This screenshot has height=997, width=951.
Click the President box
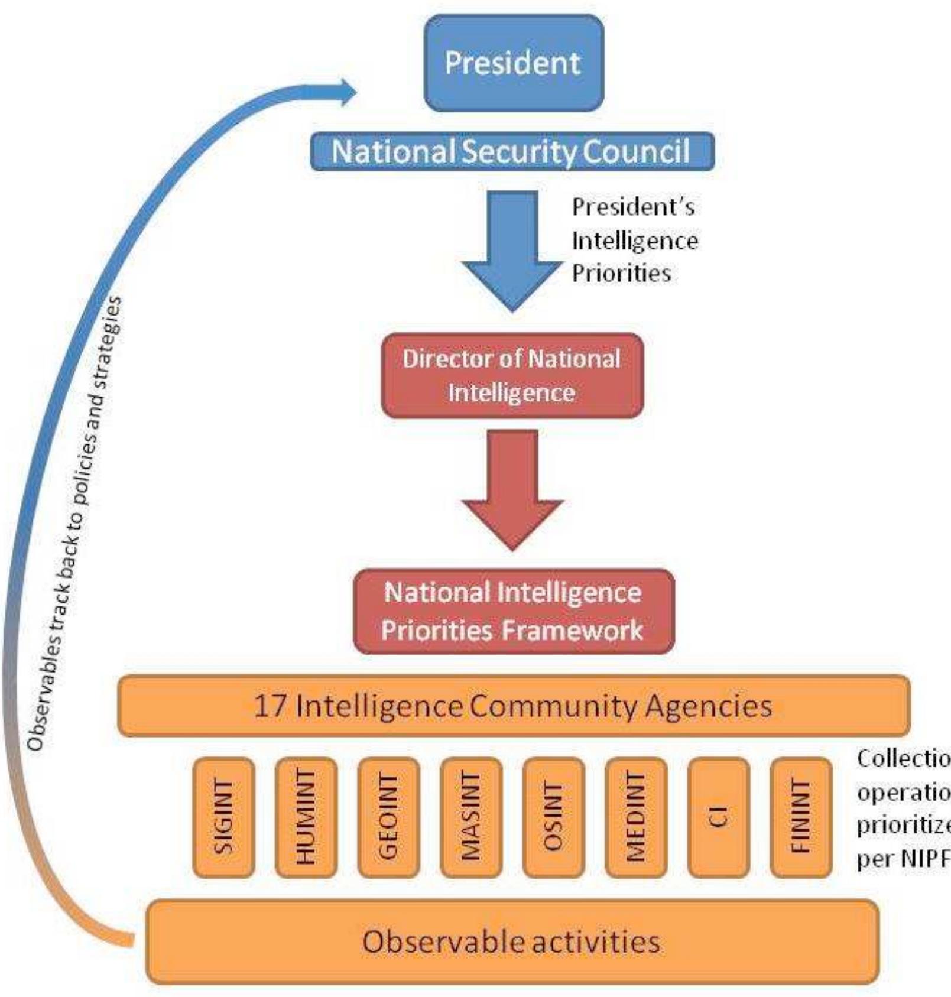point(514,63)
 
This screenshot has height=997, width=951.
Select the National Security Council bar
point(512,151)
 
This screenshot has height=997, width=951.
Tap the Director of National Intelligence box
point(512,375)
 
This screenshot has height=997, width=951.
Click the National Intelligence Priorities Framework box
point(513,611)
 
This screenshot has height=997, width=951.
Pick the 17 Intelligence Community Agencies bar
point(513,706)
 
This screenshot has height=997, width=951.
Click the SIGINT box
point(223,817)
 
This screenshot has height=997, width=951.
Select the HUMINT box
point(306,817)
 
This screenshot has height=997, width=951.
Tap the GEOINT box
point(388,817)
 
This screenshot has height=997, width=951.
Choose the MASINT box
point(471,817)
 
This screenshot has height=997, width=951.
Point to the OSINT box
point(553,817)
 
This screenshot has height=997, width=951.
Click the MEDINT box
point(636,817)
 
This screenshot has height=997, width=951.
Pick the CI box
point(719,817)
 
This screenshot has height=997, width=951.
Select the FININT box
point(801,817)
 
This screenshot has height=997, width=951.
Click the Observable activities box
point(512,942)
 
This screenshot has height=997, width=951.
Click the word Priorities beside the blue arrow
point(621,274)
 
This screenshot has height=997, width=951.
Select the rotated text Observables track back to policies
point(74,523)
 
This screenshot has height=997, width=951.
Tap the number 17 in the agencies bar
point(270,706)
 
